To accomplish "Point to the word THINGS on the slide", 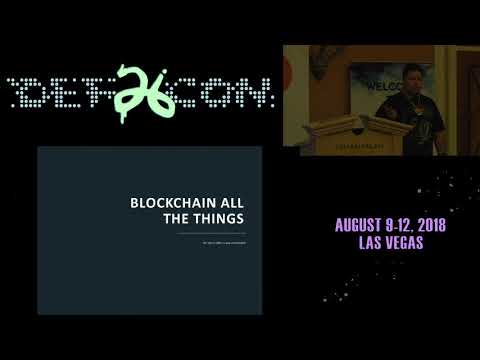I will coord(209,218).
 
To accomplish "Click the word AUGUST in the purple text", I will coord(367,225).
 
